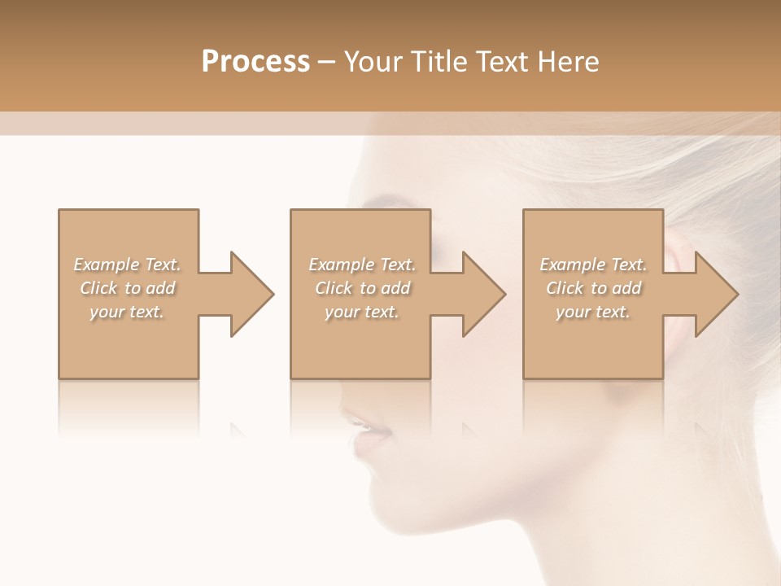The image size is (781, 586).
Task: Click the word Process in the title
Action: tap(255, 62)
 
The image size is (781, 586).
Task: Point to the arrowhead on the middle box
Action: tap(483, 294)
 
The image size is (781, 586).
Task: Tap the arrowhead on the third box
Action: tap(716, 294)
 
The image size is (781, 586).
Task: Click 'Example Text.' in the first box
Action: tap(128, 265)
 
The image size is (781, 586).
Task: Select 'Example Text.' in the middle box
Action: tap(361, 265)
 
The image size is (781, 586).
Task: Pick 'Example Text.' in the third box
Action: tap(593, 265)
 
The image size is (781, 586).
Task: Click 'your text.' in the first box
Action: tap(128, 312)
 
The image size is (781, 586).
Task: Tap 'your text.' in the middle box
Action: tap(361, 312)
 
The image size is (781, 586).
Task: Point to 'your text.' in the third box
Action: tap(593, 312)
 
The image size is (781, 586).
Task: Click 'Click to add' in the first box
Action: tap(128, 288)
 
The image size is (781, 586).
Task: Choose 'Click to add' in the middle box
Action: tap(361, 288)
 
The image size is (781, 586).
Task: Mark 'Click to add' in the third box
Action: tap(593, 288)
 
